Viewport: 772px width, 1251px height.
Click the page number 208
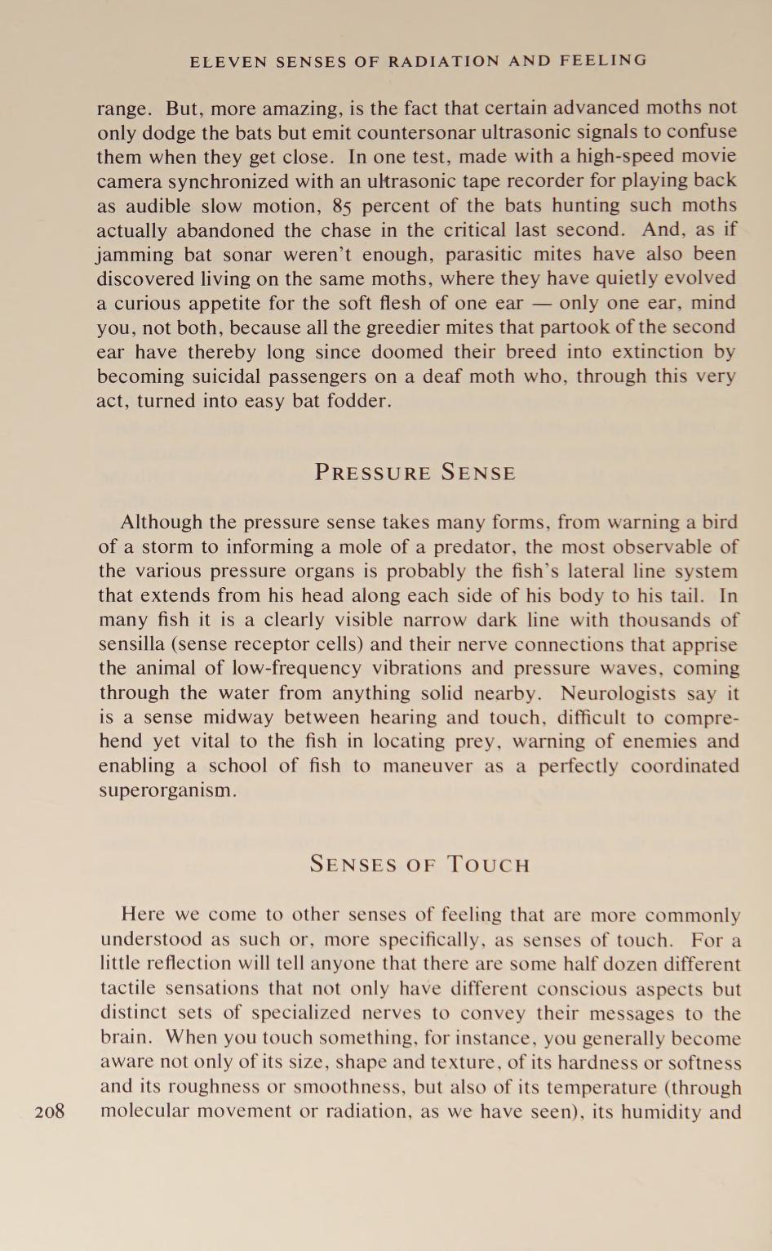[x=51, y=1111]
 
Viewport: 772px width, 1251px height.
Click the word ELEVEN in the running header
[x=221, y=60]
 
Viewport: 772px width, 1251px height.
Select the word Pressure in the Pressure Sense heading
[x=373, y=473]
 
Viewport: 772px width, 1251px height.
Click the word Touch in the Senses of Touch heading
[x=489, y=865]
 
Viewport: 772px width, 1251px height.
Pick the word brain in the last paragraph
[x=124, y=1038]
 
